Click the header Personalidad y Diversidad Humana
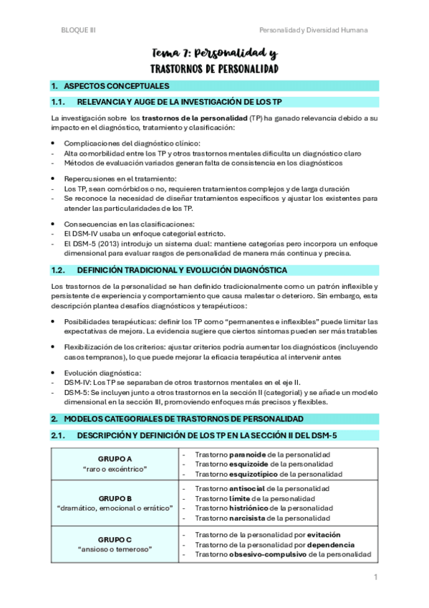[313, 30]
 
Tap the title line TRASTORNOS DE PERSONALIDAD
[214, 70]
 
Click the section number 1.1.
[59, 103]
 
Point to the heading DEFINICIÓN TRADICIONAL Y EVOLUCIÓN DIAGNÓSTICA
[182, 270]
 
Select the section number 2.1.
[59, 435]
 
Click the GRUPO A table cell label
[115, 458]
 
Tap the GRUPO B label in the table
[115, 498]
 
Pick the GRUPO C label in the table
[115, 539]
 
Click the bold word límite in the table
[240, 498]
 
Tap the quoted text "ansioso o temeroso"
[115, 549]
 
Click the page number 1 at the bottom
[374, 576]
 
